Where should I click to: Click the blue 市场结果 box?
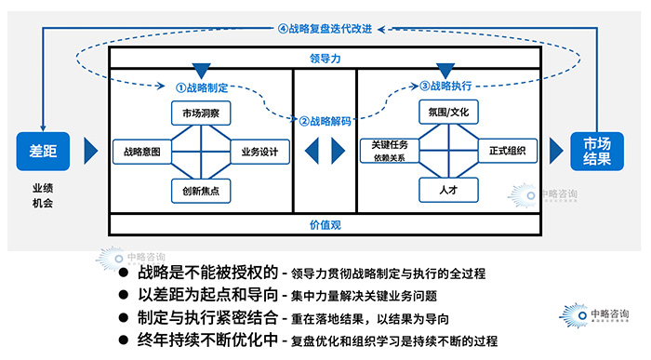[x=598, y=151]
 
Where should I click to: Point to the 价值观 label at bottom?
[x=325, y=225]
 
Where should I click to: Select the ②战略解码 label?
[x=325, y=121]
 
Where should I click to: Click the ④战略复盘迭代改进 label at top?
[x=325, y=29]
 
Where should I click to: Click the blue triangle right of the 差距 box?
[x=90, y=151]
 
